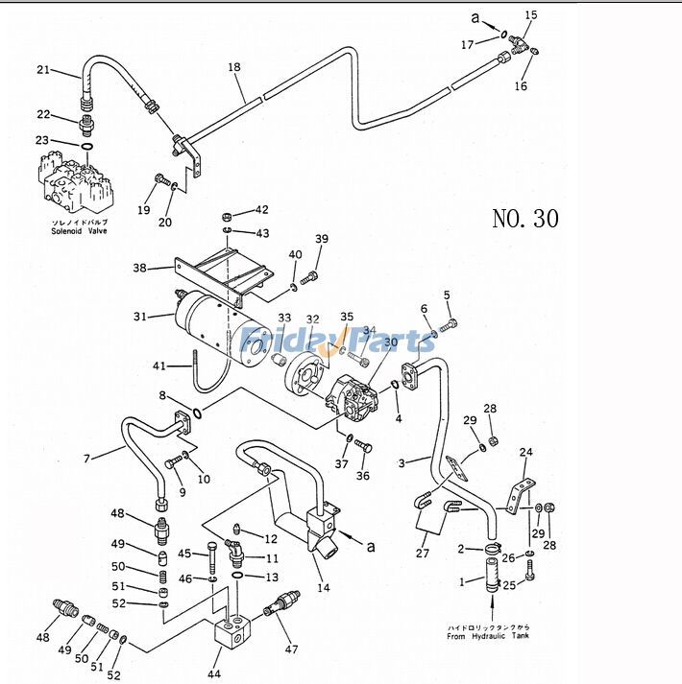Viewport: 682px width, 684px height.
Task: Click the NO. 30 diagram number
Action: [524, 219]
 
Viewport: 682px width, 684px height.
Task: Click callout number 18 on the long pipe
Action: [234, 66]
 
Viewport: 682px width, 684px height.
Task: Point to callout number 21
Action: [42, 69]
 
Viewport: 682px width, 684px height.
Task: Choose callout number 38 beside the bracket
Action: [139, 269]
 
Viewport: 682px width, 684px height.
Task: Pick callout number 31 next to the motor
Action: [140, 317]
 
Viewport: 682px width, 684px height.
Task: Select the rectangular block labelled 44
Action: [229, 637]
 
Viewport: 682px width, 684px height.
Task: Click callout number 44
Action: [214, 674]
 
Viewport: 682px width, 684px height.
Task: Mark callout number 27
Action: [422, 553]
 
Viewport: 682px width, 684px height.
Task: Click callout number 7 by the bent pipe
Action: [86, 460]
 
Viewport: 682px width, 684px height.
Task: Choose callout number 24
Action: [525, 453]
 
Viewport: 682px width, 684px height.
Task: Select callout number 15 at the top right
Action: [531, 15]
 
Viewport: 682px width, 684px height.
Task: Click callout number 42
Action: [261, 210]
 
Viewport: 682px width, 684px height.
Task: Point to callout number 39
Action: [322, 239]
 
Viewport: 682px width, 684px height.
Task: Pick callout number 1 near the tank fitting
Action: [462, 582]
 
